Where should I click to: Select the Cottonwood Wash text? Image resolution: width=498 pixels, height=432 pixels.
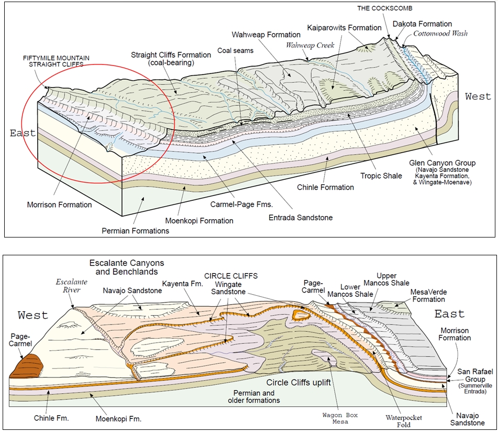[x=440, y=34]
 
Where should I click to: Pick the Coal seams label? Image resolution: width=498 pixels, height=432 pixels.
[x=236, y=51]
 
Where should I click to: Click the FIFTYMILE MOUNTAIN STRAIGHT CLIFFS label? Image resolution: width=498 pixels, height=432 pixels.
[x=56, y=61]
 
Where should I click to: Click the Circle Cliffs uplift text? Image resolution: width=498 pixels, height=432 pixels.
[x=298, y=382]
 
